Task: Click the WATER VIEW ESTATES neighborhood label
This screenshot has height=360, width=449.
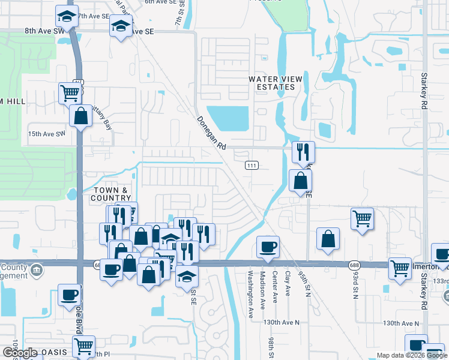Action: (x=272, y=83)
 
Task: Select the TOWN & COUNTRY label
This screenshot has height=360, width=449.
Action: (x=112, y=194)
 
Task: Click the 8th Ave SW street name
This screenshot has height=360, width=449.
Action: (x=44, y=30)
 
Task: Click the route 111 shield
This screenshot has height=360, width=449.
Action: (x=252, y=165)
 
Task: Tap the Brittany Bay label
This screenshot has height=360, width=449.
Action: (x=97, y=124)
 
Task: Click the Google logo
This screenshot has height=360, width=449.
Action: (x=20, y=352)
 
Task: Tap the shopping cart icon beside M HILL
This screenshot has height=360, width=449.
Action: (x=70, y=92)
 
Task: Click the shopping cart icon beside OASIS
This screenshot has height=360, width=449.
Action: (x=83, y=345)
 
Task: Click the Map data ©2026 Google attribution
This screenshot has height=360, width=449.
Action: (x=412, y=355)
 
